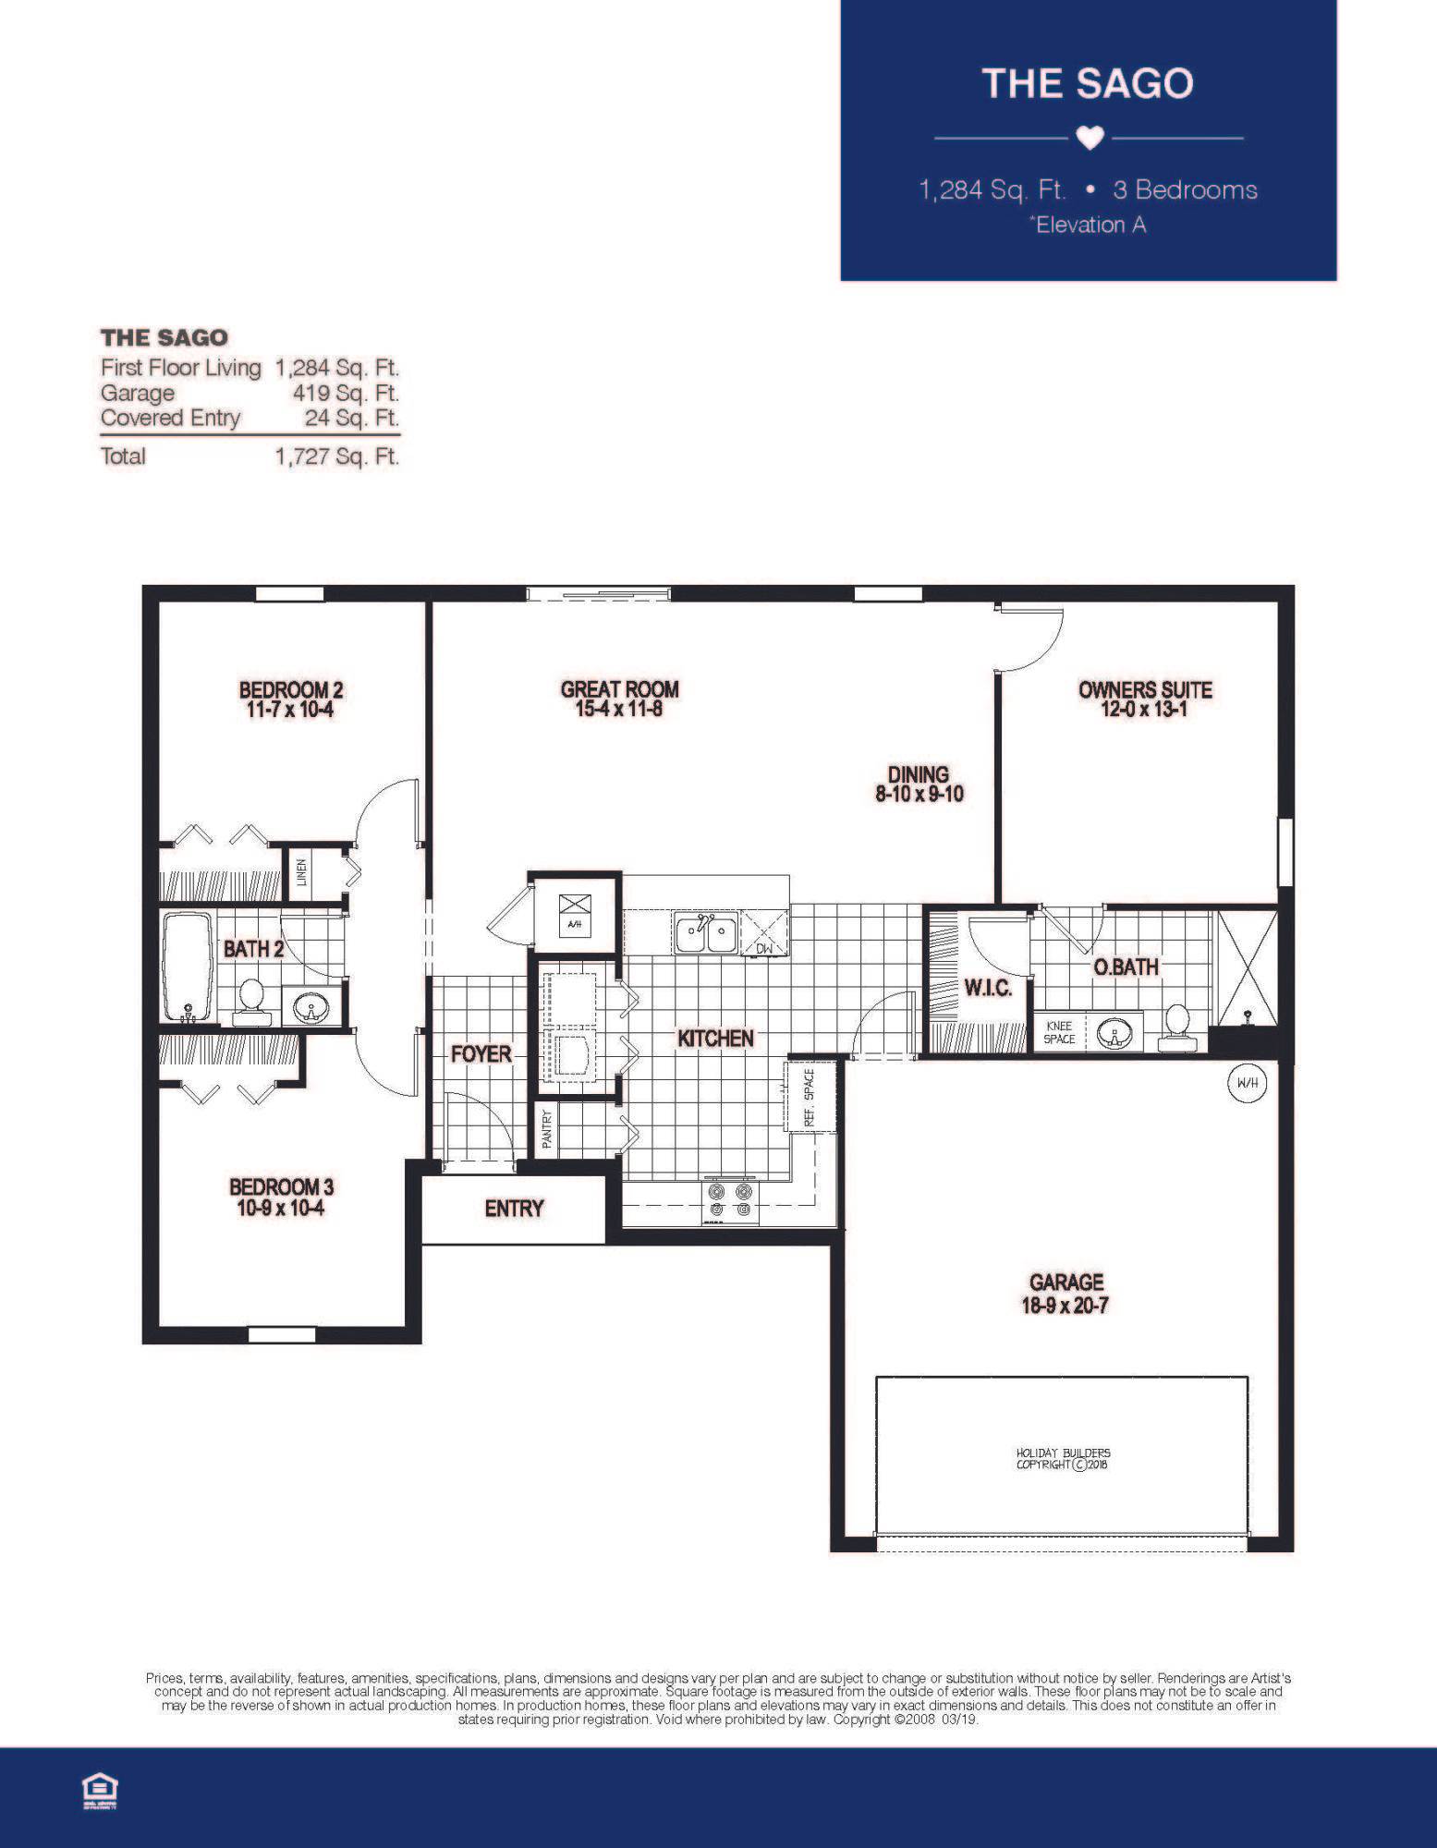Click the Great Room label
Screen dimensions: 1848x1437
[619, 689]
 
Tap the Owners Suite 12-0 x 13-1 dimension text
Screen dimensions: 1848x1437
[1144, 711]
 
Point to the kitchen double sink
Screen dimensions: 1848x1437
[706, 933]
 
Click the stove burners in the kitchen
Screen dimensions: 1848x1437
[730, 1200]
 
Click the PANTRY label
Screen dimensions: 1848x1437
[546, 1128]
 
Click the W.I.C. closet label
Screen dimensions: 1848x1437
[988, 988]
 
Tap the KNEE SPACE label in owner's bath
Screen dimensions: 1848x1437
[1059, 1032]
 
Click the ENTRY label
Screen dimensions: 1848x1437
[514, 1209]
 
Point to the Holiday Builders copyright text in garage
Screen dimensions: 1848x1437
[1063, 1459]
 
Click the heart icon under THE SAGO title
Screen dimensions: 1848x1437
[1090, 139]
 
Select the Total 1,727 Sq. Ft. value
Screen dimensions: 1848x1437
[337, 456]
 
